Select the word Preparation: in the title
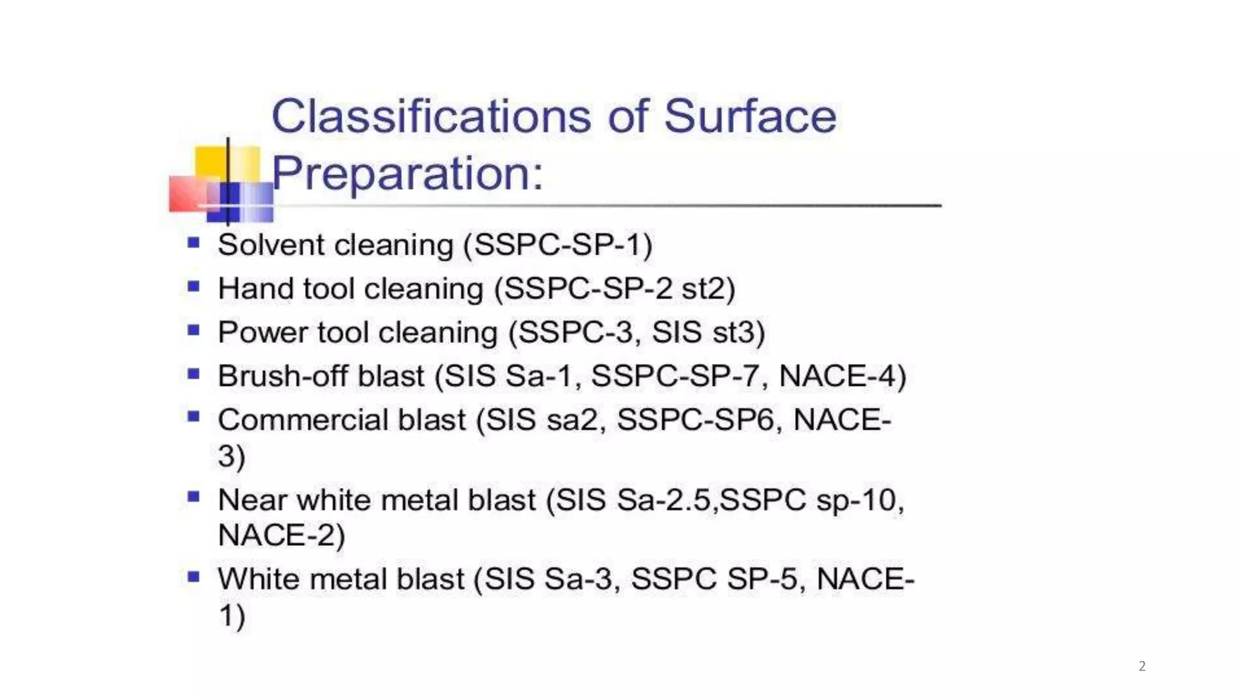coord(407,173)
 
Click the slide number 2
coord(1142,666)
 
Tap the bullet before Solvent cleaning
coord(194,244)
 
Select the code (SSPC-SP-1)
coord(557,245)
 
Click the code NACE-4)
coord(842,376)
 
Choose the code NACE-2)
coord(281,536)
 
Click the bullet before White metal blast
coord(194,577)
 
